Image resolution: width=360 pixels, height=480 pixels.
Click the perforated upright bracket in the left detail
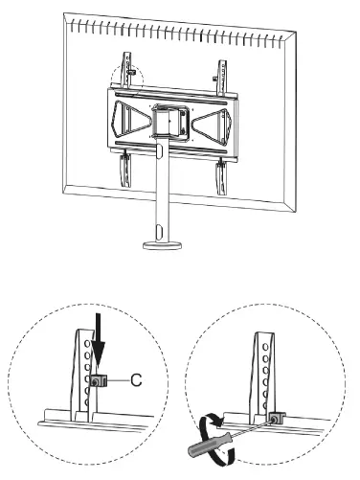85,364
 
